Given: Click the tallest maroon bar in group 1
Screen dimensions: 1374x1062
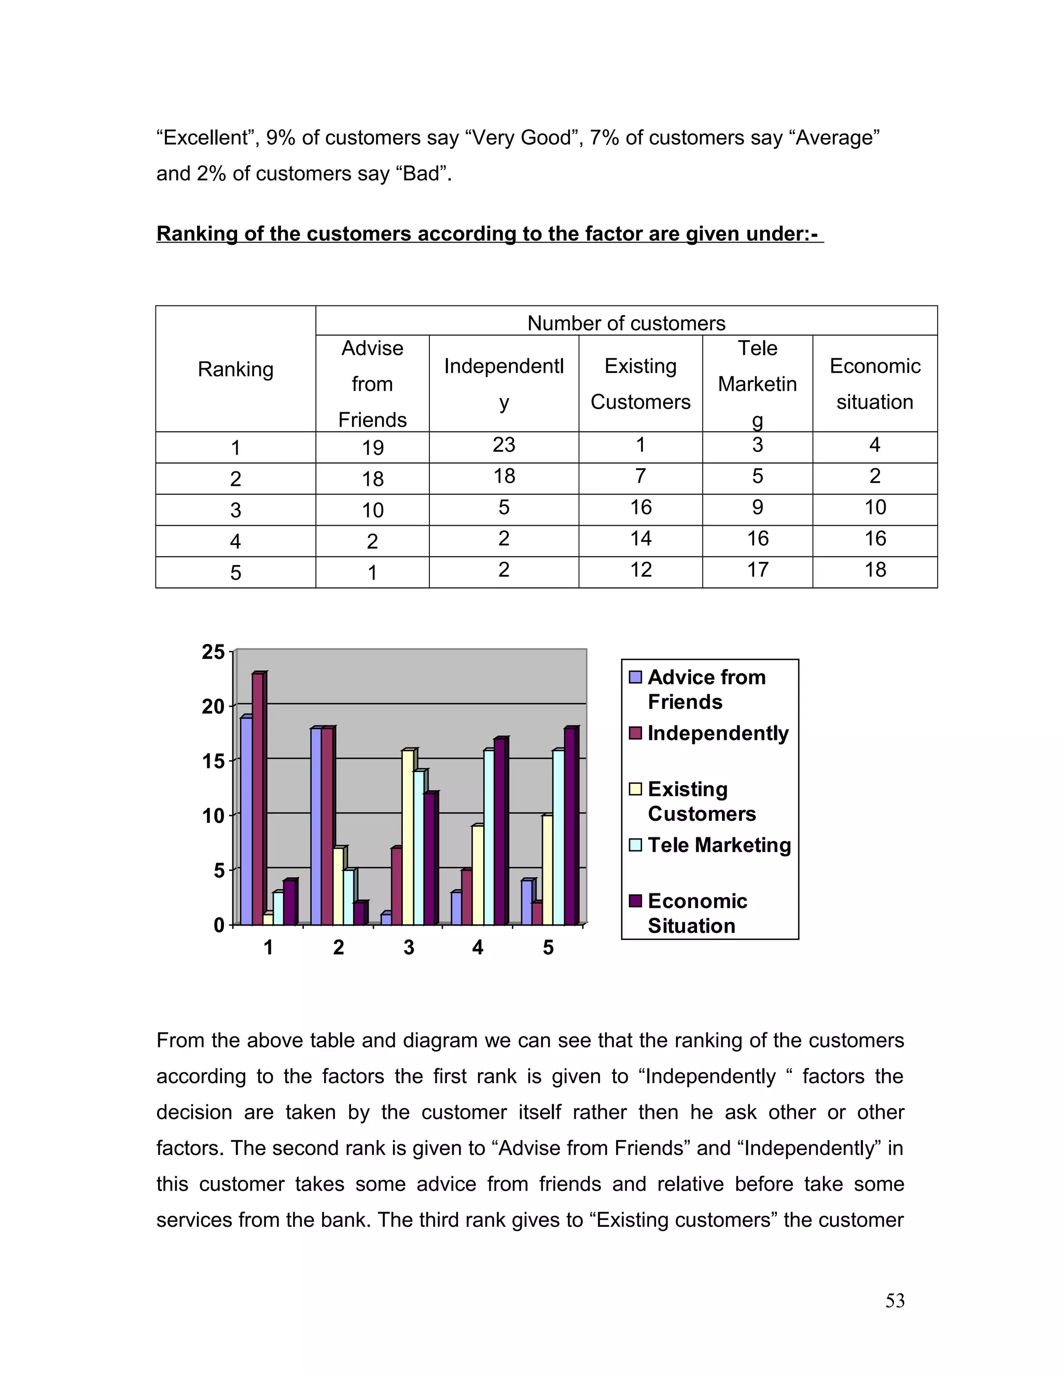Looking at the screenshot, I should point(258,799).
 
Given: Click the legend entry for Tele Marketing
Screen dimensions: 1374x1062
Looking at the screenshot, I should point(719,845).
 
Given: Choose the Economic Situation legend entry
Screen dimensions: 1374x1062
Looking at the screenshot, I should point(697,913).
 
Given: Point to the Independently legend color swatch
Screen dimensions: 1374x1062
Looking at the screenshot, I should point(635,733).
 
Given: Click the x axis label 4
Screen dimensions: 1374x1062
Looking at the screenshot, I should point(478,947).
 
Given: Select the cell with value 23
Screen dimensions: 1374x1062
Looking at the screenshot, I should point(504,445).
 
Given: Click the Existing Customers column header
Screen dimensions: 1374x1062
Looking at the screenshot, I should point(640,383).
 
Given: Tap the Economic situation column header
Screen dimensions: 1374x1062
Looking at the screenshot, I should point(874,383).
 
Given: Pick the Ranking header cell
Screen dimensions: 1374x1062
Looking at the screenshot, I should point(235,369).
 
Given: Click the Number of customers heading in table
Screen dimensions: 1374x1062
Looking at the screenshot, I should point(626,323).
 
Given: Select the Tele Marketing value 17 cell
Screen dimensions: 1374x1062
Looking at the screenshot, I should point(758,570).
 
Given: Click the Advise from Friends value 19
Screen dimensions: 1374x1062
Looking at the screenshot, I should point(372,447).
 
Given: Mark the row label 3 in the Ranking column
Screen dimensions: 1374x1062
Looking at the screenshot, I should point(235,510).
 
